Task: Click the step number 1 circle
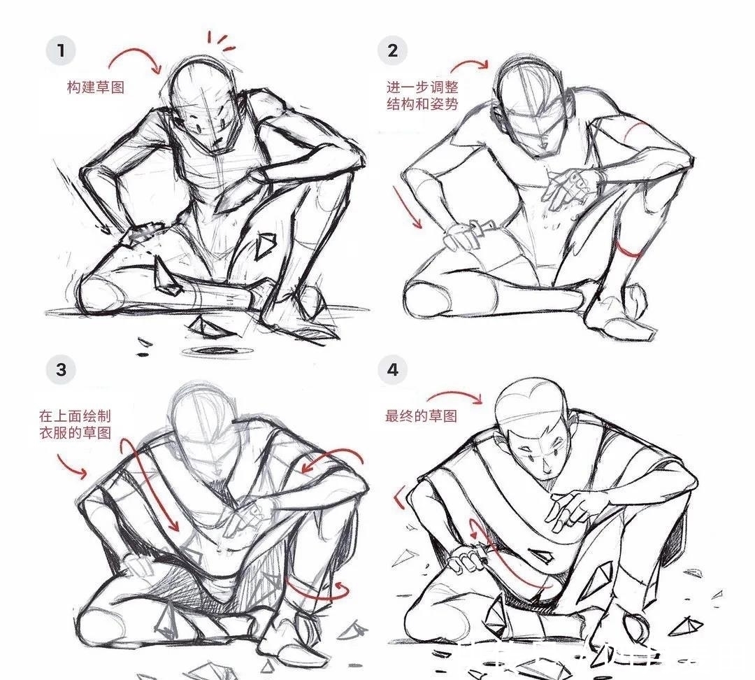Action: pos(61,50)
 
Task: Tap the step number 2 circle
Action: pos(393,50)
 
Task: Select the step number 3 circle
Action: pos(61,369)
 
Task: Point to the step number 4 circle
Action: pos(393,369)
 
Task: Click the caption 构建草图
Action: pos(96,87)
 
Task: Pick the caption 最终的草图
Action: pos(422,416)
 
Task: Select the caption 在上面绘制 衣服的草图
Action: pos(75,425)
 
